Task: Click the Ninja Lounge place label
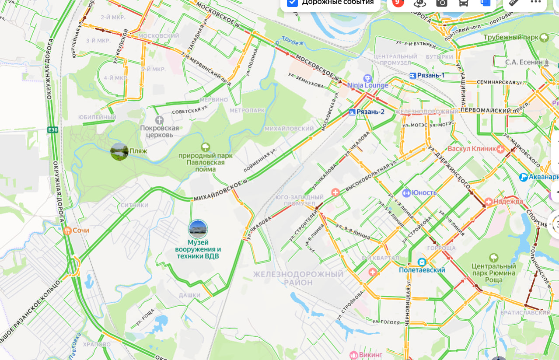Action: pos(368,85)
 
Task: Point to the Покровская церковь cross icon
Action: pos(160,119)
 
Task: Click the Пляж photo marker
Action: pos(119,151)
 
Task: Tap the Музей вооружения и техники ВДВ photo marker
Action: pos(198,229)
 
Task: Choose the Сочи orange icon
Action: pos(67,231)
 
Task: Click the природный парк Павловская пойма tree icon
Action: pos(205,147)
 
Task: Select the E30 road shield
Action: pos(53,129)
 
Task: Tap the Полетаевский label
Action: pos(422,270)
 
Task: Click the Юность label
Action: pos(424,193)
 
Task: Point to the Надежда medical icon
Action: pos(488,202)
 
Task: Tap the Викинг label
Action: pos(370,354)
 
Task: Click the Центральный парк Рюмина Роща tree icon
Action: pos(494,257)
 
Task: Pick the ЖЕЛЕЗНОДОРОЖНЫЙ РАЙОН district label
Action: pos(298,278)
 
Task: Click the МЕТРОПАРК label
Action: pos(247,111)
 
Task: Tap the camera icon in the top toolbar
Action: pos(441,3)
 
